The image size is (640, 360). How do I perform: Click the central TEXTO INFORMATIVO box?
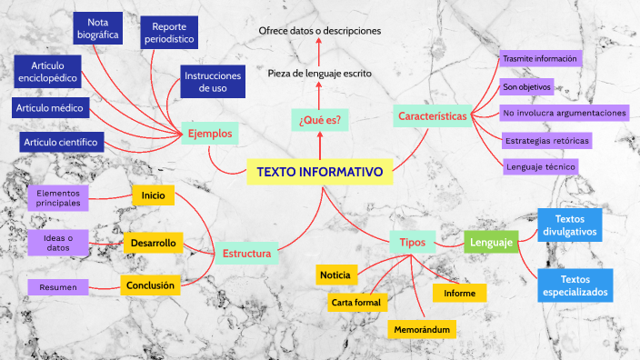click(319, 172)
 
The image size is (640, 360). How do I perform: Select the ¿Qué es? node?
click(320, 119)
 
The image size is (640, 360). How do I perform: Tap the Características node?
click(432, 116)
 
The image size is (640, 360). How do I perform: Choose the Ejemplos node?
click(210, 134)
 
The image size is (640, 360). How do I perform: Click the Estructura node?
click(246, 253)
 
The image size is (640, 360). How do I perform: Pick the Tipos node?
click(413, 242)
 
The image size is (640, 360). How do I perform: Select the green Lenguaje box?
click(492, 242)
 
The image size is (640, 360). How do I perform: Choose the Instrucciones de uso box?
click(213, 83)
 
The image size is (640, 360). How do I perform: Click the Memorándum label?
click(422, 327)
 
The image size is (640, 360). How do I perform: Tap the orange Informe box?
click(459, 293)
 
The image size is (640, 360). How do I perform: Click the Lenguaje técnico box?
click(541, 166)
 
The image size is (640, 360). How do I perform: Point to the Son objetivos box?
click(526, 87)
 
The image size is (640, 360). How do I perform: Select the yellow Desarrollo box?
click(153, 243)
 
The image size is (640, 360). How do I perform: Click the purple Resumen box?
click(58, 287)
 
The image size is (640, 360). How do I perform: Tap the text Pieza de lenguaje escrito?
click(320, 73)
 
